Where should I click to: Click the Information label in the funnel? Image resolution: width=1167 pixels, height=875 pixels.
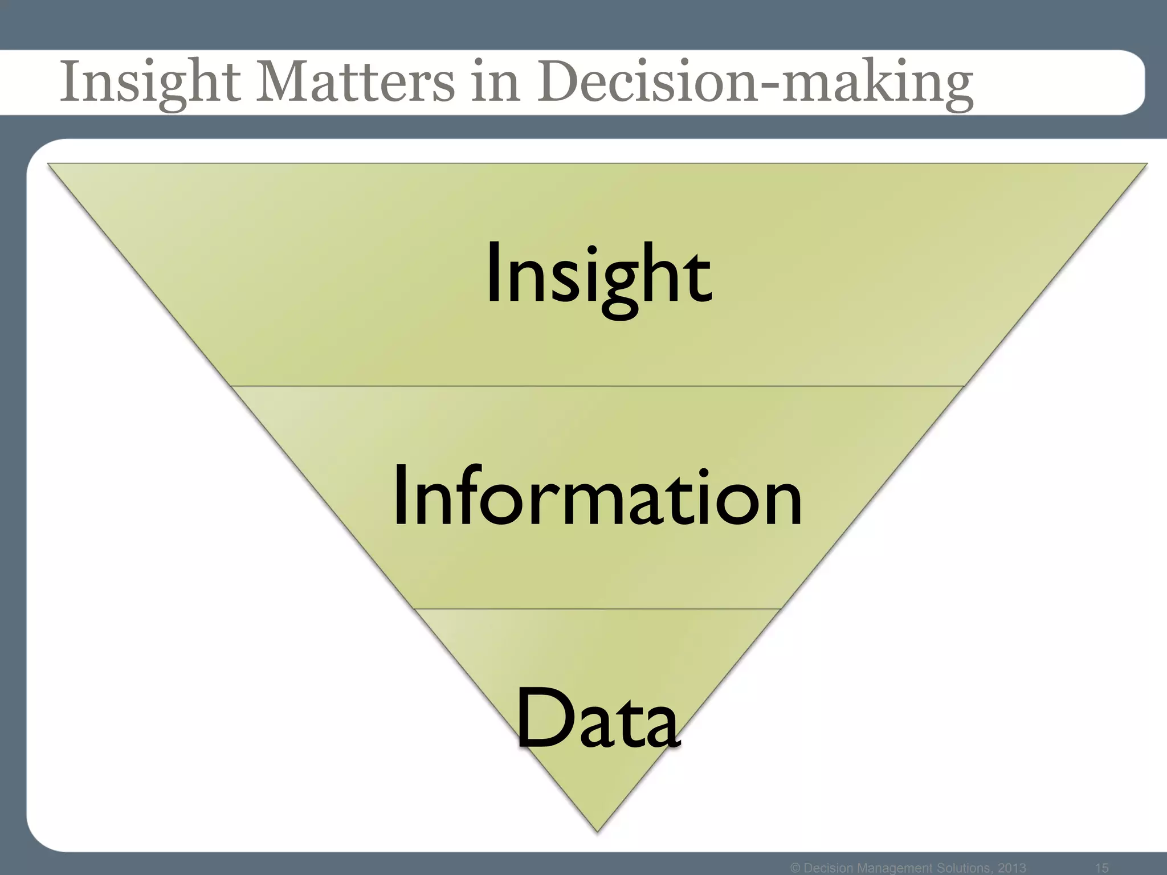[598, 496]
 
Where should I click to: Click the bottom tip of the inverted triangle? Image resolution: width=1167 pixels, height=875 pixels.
[597, 830]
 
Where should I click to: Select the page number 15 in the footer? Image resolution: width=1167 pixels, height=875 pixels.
[1102, 868]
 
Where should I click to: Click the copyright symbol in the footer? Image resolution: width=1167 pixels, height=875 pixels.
[796, 868]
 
